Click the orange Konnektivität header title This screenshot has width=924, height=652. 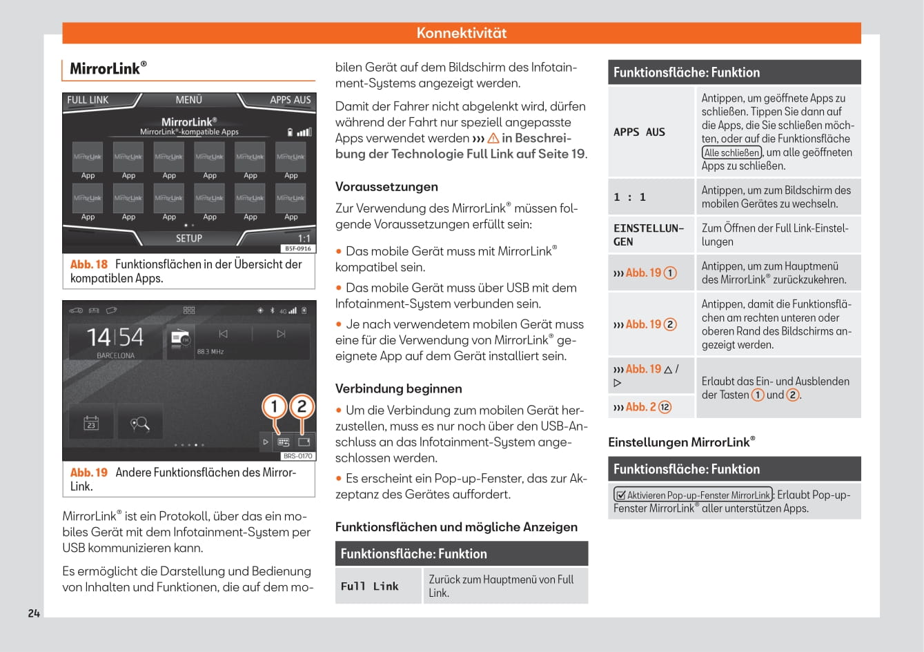tap(462, 33)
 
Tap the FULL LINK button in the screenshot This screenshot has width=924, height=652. tap(88, 100)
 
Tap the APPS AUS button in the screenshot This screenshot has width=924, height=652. tap(290, 100)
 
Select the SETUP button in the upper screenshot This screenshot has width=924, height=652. tap(188, 238)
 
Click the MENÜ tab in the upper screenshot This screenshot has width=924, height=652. tap(188, 100)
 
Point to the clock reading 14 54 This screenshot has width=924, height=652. tap(115, 337)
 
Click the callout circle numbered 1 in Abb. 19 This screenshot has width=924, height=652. tap(274, 406)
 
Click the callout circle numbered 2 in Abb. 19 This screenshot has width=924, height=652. tap(302, 406)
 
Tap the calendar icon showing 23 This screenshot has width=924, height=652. tap(91, 423)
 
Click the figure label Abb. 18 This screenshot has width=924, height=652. tap(89, 264)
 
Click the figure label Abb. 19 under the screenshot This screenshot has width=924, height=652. tap(89, 473)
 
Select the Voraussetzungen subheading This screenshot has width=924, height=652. tap(386, 186)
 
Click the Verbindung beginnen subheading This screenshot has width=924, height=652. tap(398, 388)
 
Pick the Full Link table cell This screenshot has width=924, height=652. tap(370, 586)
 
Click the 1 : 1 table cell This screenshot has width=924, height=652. tap(630, 197)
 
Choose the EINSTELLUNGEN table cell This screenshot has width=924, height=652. tap(649, 235)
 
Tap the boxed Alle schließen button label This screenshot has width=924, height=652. tap(731, 152)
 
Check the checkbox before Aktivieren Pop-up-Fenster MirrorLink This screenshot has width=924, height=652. tap(620, 495)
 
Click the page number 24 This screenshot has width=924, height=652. tap(34, 613)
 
